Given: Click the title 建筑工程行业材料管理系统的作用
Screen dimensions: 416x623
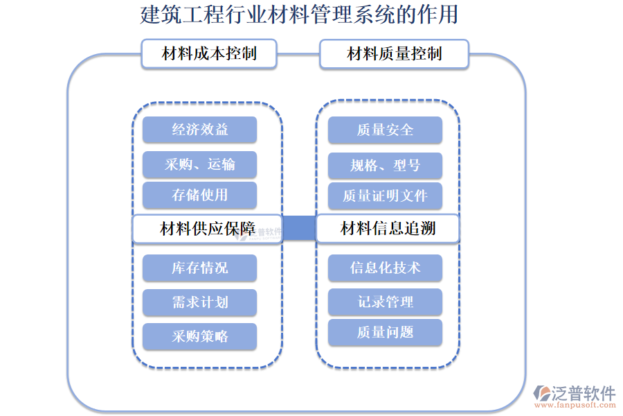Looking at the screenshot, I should coord(299,15).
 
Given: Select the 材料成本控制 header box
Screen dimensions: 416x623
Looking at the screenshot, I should coord(209,53).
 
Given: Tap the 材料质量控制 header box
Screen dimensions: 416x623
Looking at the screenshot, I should coord(394,53).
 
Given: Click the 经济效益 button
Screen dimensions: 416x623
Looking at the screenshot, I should coord(199,130).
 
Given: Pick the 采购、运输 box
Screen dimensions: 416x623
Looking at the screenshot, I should coord(199,164).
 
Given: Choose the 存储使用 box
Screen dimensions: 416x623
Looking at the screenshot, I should coord(199,196).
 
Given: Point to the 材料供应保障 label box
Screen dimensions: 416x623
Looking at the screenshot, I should coord(207,229).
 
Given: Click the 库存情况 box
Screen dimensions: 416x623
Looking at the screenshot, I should coord(199,268).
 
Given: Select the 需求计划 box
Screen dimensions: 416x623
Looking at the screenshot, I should coord(199,302).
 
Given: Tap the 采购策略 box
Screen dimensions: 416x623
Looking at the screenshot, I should coord(199,337).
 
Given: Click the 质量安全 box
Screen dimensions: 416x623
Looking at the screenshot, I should coord(385,130).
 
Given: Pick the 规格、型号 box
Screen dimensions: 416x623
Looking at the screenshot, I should coord(385,166).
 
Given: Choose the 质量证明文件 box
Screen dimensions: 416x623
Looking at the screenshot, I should coord(385,196).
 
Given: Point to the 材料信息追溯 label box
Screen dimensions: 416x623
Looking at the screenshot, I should coord(388,229).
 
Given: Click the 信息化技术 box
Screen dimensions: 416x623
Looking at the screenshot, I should coord(385,268).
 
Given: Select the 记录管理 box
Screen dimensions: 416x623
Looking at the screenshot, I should coord(385,302).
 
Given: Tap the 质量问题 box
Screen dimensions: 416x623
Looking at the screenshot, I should coord(385,333).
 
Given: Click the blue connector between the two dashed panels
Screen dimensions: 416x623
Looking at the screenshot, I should coord(299,229).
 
